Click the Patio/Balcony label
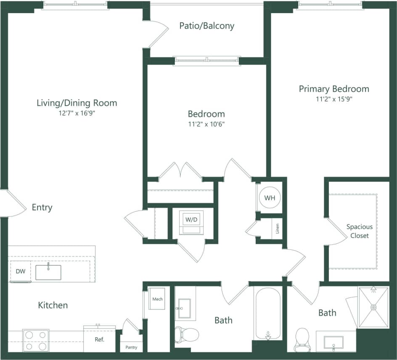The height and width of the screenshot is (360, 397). tap(206, 26)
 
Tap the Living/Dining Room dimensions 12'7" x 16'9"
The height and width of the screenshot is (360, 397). tap(77, 113)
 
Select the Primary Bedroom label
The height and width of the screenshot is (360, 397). tap(334, 89)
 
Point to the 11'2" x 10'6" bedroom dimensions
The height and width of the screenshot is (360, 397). tap(206, 124)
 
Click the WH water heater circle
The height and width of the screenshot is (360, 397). tap(270, 197)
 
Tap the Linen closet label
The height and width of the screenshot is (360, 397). tap(277, 229)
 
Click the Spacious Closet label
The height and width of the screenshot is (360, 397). tap(359, 231)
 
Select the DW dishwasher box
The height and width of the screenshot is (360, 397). tap(21, 272)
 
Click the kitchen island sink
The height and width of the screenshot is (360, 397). tap(48, 272)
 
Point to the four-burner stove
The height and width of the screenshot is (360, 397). tap(36, 340)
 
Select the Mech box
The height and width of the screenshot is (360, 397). tap(157, 299)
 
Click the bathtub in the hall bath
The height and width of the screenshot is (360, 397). tap(267, 313)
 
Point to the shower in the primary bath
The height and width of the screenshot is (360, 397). tap(373, 307)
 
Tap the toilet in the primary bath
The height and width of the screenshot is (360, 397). tap(302, 339)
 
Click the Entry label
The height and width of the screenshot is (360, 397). tap(42, 207)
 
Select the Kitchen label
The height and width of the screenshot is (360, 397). tap(53, 305)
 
